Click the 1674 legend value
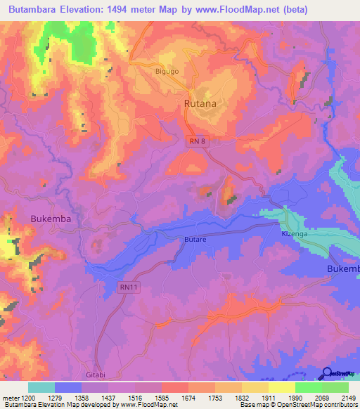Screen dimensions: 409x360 (x=188, y=397)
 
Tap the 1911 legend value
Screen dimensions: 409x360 (x=268, y=397)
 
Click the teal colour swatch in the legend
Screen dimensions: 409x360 (x=41, y=387)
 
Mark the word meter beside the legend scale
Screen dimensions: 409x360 (x=12, y=397)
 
